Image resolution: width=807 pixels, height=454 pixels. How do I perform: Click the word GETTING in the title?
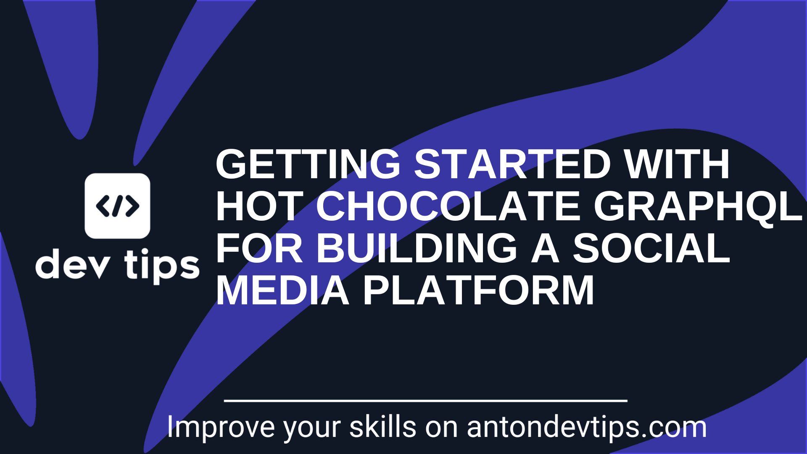coord(308,164)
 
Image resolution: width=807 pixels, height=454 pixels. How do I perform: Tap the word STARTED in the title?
coord(512,164)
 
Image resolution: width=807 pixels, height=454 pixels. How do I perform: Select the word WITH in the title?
coord(677,164)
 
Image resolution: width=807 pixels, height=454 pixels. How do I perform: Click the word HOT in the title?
coord(259,206)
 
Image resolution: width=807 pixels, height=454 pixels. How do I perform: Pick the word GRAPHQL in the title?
coord(698,206)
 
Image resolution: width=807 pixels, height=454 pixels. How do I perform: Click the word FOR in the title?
coord(259,248)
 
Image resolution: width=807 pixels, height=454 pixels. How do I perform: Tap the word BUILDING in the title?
coord(416,248)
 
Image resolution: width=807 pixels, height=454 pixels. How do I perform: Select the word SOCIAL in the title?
coord(651,248)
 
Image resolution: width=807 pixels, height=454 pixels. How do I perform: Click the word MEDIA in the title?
coord(282,290)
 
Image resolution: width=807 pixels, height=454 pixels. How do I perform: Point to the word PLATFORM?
coord(478,290)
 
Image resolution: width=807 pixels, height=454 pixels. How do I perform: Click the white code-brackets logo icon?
coord(117,206)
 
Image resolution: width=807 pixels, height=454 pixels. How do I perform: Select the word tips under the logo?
coord(162,266)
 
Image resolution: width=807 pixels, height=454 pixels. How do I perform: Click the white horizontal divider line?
coord(425,401)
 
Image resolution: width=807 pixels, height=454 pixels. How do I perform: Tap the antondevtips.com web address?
coord(587,428)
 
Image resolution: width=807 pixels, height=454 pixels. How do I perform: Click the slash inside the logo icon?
coord(118,206)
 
